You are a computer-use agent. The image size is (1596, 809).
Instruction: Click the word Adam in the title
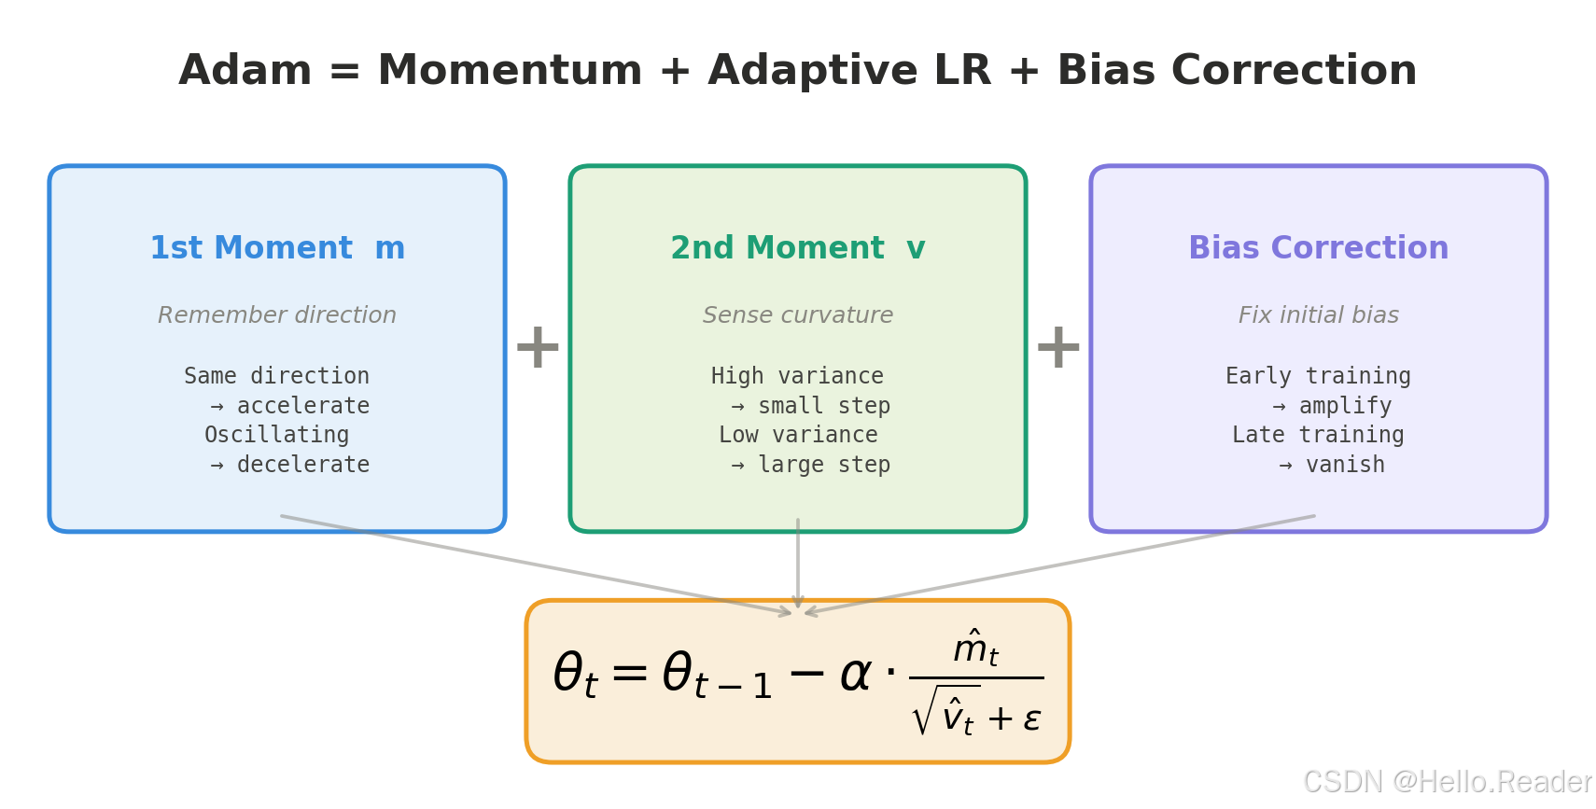pyautogui.click(x=245, y=71)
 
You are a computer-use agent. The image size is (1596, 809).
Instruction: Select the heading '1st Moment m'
pyautogui.click(x=277, y=248)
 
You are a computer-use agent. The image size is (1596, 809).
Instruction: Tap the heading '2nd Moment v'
pyautogui.click(x=797, y=248)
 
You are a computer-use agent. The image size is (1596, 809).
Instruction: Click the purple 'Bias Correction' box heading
pyautogui.click(x=1318, y=248)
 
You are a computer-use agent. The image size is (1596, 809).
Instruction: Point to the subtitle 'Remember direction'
pyautogui.click(x=277, y=315)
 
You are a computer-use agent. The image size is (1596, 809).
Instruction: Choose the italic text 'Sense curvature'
pyautogui.click(x=797, y=315)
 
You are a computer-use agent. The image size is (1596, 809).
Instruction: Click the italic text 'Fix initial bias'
pyautogui.click(x=1318, y=315)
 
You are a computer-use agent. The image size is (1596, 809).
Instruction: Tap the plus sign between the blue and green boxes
pyautogui.click(x=538, y=347)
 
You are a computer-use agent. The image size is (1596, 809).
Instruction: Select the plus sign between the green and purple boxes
pyautogui.click(x=1057, y=347)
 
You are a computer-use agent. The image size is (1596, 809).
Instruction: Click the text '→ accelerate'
pyautogui.click(x=290, y=406)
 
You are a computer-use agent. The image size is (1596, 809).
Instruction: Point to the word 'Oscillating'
pyautogui.click(x=276, y=435)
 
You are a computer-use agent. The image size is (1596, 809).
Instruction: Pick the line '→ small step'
pyautogui.click(x=810, y=406)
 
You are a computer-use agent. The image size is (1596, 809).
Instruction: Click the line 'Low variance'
pyautogui.click(x=798, y=435)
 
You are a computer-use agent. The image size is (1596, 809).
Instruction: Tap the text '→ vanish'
pyautogui.click(x=1332, y=465)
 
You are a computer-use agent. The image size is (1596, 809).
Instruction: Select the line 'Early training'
pyautogui.click(x=1318, y=376)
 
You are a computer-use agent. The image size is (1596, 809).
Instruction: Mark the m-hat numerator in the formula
pyautogui.click(x=975, y=648)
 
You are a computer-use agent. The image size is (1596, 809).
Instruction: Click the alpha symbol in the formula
pyautogui.click(x=855, y=675)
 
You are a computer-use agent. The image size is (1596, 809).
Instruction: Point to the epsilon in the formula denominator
pyautogui.click(x=1031, y=718)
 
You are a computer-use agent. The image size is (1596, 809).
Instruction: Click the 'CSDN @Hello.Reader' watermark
pyautogui.click(x=1447, y=782)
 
